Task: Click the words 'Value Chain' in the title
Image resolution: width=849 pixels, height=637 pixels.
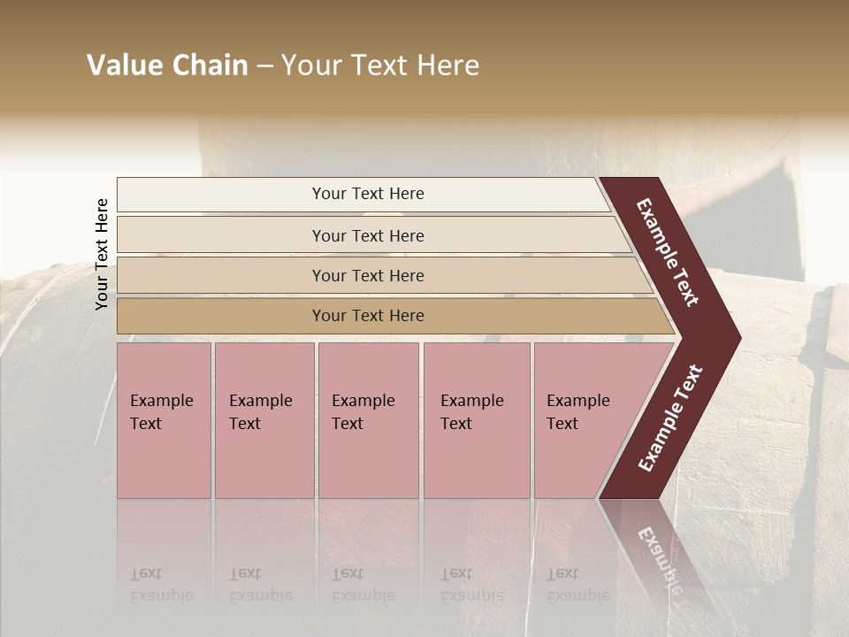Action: click(x=167, y=65)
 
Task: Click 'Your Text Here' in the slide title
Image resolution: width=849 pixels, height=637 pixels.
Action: click(x=380, y=65)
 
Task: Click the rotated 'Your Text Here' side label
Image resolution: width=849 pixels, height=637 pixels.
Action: click(x=103, y=254)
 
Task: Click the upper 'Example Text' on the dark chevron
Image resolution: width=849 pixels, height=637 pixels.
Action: click(x=669, y=252)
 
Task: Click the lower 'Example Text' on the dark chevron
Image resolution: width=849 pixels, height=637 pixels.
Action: click(x=670, y=418)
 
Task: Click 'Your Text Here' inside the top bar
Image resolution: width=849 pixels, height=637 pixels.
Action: click(x=368, y=194)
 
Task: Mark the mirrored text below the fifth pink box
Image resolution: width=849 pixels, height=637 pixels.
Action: click(x=577, y=584)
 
